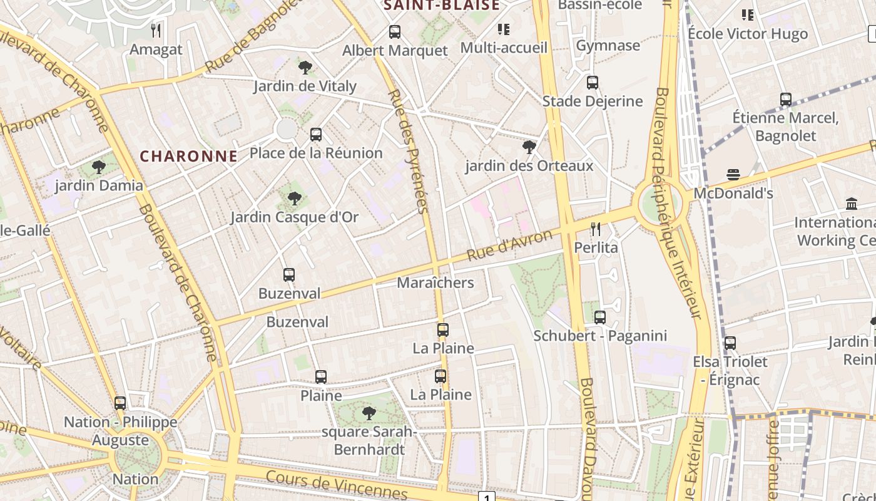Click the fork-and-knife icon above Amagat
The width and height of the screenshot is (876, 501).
tap(156, 30)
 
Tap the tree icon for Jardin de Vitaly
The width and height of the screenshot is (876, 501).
tap(305, 67)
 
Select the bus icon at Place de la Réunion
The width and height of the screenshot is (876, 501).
tap(316, 134)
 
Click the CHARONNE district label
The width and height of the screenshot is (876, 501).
tap(188, 156)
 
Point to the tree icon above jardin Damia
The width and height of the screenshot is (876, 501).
tap(98, 167)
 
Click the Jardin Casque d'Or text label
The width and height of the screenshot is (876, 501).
tap(294, 217)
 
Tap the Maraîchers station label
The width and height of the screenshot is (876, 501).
tap(435, 282)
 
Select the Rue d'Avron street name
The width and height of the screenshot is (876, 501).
tap(510, 245)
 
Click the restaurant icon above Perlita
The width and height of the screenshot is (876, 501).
tap(596, 229)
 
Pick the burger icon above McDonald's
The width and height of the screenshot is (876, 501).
tap(733, 174)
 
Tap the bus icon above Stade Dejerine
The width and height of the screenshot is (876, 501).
tap(592, 82)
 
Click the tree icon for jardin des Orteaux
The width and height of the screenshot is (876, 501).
tap(529, 147)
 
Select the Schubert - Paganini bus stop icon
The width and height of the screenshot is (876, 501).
tap(600, 317)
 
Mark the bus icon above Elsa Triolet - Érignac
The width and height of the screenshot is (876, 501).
tap(730, 343)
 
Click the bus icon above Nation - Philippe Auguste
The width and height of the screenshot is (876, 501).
tap(120, 403)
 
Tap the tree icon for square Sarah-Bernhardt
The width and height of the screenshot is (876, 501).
tap(369, 413)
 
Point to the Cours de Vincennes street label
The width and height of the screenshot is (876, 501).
tap(336, 485)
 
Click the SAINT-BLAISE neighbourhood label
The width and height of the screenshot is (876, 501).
tap(442, 6)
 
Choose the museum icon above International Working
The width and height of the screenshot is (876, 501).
tap(851, 204)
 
